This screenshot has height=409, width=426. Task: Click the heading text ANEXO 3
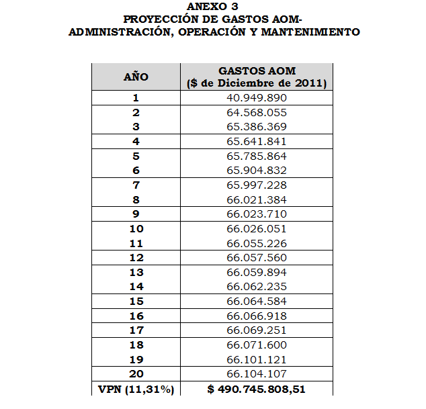pos(214,7)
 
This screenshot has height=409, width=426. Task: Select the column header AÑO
pos(136,77)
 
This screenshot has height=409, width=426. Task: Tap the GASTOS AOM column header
pos(257,77)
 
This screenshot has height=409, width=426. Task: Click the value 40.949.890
pos(257,97)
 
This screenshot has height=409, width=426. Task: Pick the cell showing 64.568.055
pos(257,112)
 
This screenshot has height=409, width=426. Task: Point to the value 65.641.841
pos(257,141)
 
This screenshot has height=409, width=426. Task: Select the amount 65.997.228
pos(257,185)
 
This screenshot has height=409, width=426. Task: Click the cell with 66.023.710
pos(257,214)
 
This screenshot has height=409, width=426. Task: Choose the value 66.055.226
pos(257,243)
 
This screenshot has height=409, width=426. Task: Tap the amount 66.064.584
pos(257,302)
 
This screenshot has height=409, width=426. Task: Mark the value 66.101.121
pos(257,359)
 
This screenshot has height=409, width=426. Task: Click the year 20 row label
pos(136,374)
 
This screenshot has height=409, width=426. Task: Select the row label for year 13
pos(136,272)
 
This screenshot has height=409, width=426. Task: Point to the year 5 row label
pos(136,156)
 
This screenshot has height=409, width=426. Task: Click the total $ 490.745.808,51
pos(257,389)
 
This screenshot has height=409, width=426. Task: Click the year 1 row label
pos(136,97)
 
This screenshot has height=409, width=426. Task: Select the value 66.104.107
pos(257,374)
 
